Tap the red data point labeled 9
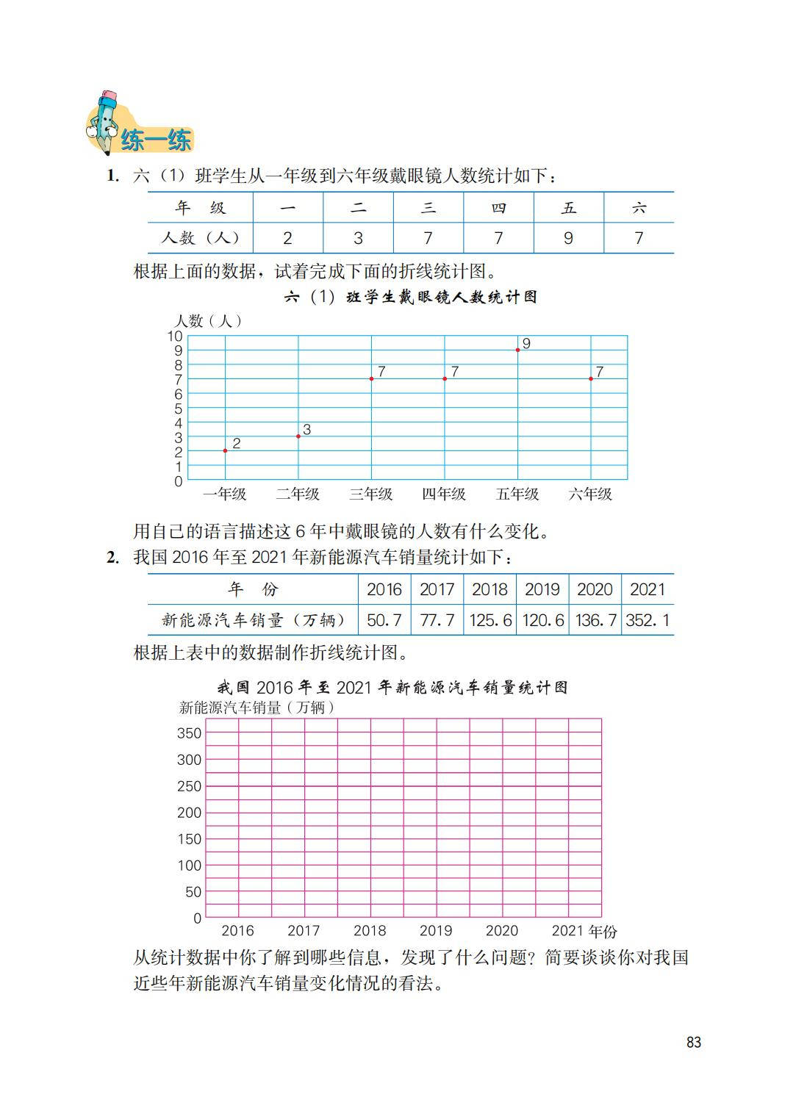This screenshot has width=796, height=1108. (x=518, y=350)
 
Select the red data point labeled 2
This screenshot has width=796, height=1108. (x=225, y=450)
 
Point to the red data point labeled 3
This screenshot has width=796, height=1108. (x=298, y=436)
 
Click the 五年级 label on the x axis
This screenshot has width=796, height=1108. (x=517, y=494)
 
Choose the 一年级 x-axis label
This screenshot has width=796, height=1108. (x=225, y=494)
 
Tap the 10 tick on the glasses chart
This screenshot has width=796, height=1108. (x=175, y=337)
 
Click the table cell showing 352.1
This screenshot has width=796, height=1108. (x=648, y=620)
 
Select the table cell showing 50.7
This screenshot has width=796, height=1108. (x=384, y=620)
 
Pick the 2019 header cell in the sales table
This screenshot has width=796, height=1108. (x=542, y=589)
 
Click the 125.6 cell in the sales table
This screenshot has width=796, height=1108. (x=490, y=620)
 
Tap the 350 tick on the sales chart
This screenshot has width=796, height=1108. (x=189, y=733)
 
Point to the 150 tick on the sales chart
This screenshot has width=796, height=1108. (x=189, y=839)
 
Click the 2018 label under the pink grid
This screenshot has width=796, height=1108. (x=370, y=931)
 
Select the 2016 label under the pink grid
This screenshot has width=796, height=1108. (x=237, y=931)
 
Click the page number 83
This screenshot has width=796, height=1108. (x=693, y=1042)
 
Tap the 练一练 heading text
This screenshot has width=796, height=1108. (x=156, y=140)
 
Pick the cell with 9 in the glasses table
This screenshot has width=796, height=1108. (x=568, y=238)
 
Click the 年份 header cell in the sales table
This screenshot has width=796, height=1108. (x=253, y=589)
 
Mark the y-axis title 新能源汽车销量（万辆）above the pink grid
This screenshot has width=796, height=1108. (x=257, y=708)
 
